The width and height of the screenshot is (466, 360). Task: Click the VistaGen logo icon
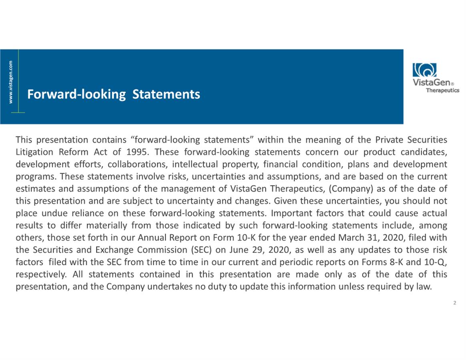(424, 70)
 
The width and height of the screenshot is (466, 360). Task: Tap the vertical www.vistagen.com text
(11, 82)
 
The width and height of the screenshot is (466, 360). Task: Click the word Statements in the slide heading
(166, 94)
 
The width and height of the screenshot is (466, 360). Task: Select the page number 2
(454, 303)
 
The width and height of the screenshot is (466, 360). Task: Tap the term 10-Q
(436, 262)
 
